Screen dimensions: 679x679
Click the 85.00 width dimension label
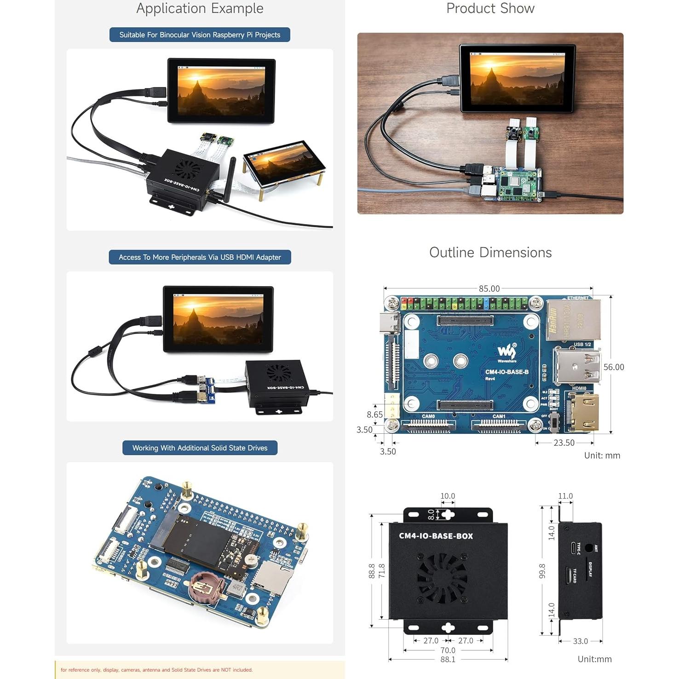[x=489, y=288]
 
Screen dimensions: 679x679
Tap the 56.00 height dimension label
[x=614, y=367]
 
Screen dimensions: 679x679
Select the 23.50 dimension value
[x=564, y=443]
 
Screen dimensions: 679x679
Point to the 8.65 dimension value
[x=374, y=414]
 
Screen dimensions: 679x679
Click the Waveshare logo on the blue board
[x=506, y=352]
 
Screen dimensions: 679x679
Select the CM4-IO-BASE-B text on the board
[x=506, y=372]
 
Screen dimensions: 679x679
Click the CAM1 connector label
[x=499, y=416]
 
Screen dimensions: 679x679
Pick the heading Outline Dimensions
[x=490, y=253]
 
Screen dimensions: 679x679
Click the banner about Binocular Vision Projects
[x=200, y=35]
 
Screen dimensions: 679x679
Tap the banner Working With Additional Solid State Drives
[x=200, y=448]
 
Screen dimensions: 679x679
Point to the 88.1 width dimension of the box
[x=448, y=659]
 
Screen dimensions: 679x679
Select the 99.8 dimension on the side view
[x=542, y=571]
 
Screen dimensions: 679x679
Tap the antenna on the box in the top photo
[x=228, y=179]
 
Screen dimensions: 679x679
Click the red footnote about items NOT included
[x=156, y=670]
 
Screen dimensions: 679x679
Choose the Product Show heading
[x=490, y=8]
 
